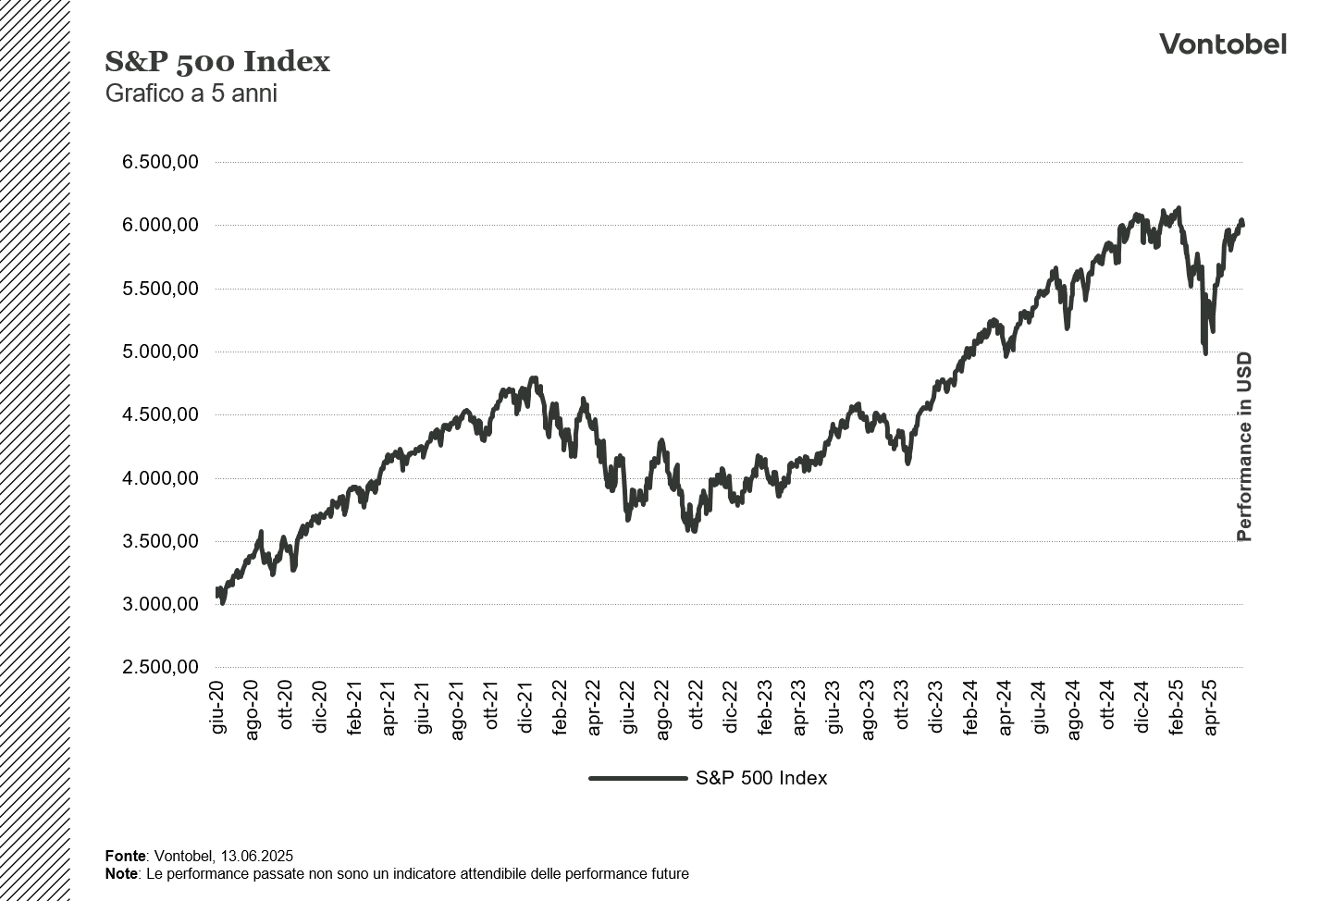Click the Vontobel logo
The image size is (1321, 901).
[x=1222, y=44]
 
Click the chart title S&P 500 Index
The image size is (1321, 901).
[x=217, y=62]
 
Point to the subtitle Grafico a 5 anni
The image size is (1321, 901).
[x=191, y=93]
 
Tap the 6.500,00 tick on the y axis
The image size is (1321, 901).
[x=160, y=162]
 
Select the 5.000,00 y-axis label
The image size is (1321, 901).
[x=160, y=352]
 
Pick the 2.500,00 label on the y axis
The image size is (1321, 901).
[x=160, y=668]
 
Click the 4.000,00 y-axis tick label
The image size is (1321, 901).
[x=160, y=478]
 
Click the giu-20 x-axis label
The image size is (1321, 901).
[x=218, y=708]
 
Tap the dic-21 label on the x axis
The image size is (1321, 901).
[x=526, y=708]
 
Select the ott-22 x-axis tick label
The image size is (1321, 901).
[x=698, y=708]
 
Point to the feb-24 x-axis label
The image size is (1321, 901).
[x=970, y=708]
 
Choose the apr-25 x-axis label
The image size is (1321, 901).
[x=1210, y=708]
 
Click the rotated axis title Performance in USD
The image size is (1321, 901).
[x=1244, y=447]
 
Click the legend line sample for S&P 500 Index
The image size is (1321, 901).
[x=638, y=778]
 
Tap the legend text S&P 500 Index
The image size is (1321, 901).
[x=761, y=778]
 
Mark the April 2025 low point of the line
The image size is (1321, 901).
[x=1205, y=352]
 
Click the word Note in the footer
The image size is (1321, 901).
[x=122, y=873]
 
